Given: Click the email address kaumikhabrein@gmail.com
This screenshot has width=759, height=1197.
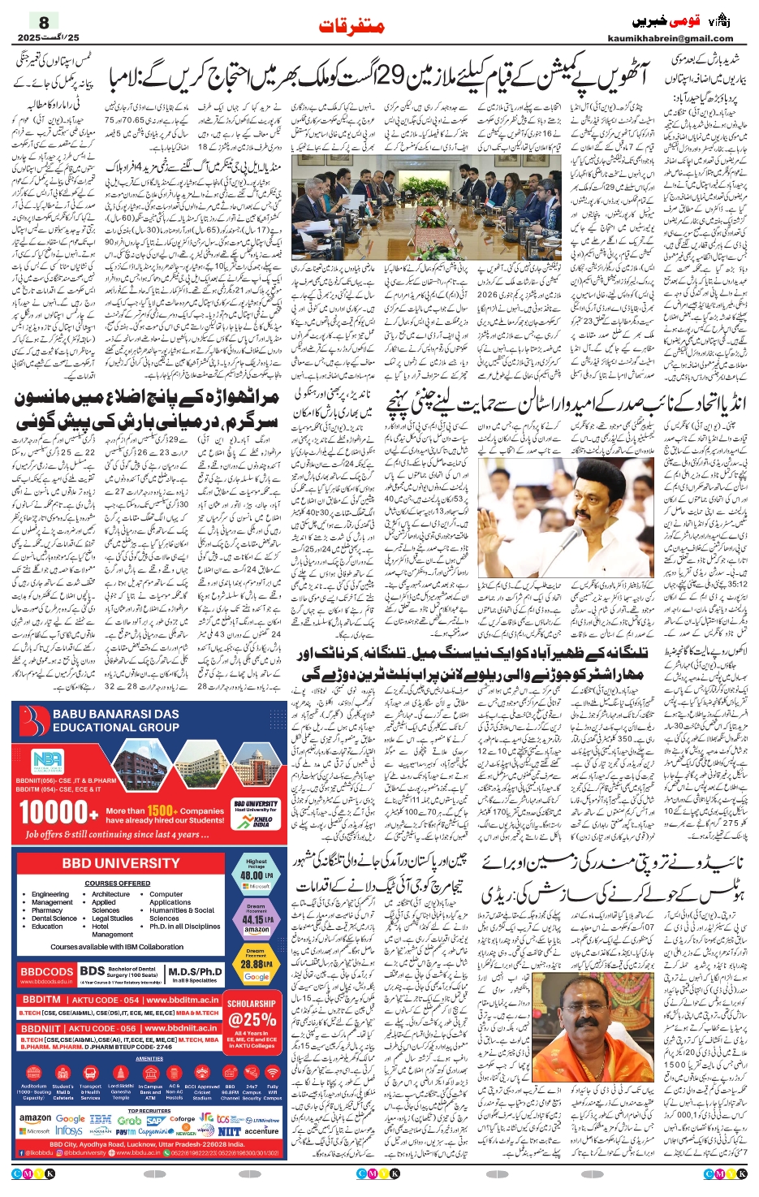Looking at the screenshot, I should pyautogui.click(x=670, y=38).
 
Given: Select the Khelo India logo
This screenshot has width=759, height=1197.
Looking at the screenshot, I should pyautogui.click(x=256, y=822).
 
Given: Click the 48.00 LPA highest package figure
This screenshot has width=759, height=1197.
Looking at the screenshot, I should pyautogui.click(x=255, y=875).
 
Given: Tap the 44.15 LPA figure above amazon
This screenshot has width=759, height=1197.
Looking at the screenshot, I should pyautogui.click(x=256, y=919).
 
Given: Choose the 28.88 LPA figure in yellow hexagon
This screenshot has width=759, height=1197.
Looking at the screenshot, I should pyautogui.click(x=256, y=964).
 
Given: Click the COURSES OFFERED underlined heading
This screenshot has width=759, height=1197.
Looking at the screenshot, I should pyautogui.click(x=118, y=883).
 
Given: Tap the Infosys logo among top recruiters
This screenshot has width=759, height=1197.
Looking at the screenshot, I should pyautogui.click(x=68, y=1130).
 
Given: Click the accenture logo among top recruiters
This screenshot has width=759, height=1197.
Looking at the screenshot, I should pyautogui.click(x=261, y=1130).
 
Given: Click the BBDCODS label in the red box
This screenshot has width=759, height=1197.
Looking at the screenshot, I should pyautogui.click(x=46, y=971).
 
